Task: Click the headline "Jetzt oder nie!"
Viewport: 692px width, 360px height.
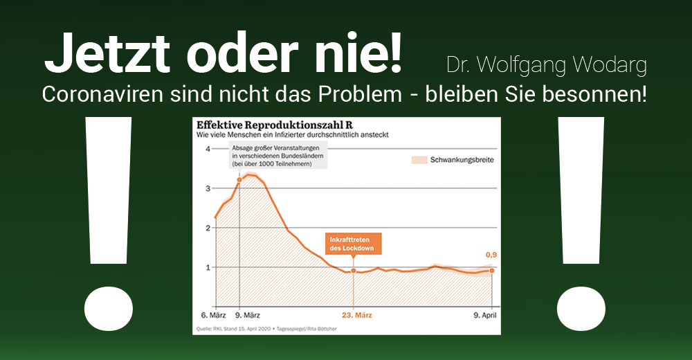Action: (224, 53)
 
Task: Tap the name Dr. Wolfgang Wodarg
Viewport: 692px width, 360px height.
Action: (547, 65)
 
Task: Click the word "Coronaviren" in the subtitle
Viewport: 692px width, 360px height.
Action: (102, 94)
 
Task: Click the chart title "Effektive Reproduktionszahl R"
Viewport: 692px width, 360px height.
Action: (275, 125)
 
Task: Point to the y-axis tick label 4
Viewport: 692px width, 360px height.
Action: (208, 149)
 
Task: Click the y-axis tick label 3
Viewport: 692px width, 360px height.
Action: (208, 188)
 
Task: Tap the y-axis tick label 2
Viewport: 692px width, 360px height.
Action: (208, 228)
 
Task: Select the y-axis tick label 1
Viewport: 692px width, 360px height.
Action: (208, 267)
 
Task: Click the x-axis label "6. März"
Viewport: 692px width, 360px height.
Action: (213, 316)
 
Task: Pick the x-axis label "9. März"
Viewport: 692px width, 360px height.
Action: (247, 316)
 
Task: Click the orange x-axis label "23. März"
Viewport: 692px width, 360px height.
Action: (356, 316)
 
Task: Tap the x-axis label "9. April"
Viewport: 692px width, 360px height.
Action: (485, 316)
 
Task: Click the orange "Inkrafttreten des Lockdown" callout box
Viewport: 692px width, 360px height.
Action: (354, 244)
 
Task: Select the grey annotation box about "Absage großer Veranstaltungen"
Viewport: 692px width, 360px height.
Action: (278, 156)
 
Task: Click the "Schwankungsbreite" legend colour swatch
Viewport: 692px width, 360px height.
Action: (419, 160)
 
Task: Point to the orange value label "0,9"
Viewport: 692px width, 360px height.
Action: (491, 255)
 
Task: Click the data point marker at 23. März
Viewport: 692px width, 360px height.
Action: (354, 271)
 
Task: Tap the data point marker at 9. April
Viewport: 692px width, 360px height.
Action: (492, 271)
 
